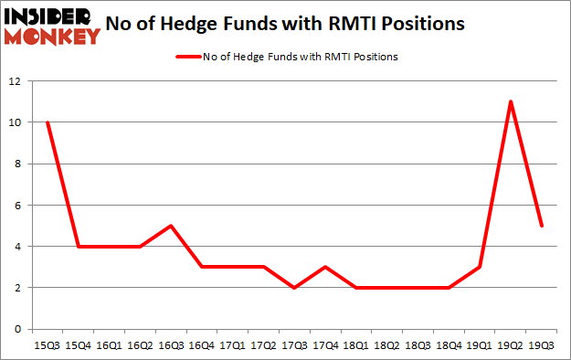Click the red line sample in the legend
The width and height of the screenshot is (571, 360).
(x=193, y=57)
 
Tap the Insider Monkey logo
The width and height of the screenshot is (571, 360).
(x=51, y=26)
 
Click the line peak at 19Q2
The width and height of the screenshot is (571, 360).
(x=511, y=101)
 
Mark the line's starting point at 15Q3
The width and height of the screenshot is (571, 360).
(x=47, y=122)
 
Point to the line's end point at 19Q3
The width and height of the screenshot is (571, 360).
(x=542, y=226)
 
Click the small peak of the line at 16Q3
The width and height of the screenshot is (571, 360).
(x=170, y=226)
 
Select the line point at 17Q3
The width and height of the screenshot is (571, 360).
(x=294, y=288)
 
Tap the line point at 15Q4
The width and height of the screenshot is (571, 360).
(x=78, y=246)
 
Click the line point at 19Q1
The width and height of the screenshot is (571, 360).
(x=480, y=267)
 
